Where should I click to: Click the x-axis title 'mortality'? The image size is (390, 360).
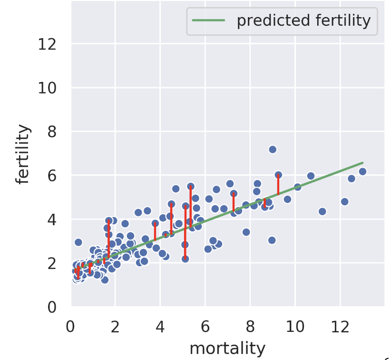click(x=227, y=348)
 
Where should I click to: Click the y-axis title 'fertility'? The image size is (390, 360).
click(x=22, y=154)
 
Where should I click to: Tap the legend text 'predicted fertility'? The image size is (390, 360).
click(x=303, y=20)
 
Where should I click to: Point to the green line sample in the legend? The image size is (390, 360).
click(x=208, y=20)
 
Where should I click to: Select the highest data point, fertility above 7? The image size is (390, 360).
click(x=273, y=149)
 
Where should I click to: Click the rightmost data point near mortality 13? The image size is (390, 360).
click(x=362, y=171)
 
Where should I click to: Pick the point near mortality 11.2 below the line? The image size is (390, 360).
click(x=322, y=211)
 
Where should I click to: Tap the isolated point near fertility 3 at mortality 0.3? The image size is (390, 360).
click(x=78, y=242)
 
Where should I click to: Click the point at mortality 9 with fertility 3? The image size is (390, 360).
click(x=272, y=240)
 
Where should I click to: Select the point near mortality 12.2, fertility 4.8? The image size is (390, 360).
click(x=345, y=201)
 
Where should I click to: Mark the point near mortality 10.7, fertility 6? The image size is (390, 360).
click(x=311, y=176)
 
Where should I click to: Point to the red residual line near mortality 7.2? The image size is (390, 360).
click(x=234, y=202)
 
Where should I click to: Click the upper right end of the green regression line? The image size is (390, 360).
click(x=362, y=163)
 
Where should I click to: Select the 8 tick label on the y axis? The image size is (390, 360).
click(x=52, y=132)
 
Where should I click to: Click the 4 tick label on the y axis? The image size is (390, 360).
click(x=52, y=220)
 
